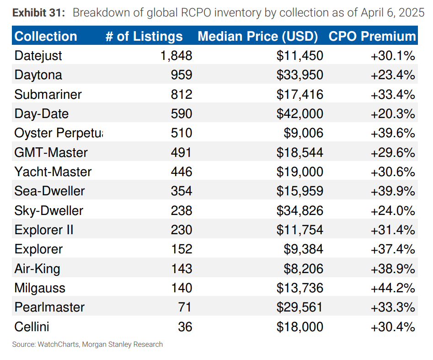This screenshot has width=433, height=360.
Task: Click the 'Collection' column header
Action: pyautogui.click(x=46, y=36)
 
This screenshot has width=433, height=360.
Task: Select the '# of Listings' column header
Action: pyautogui.click(x=144, y=36)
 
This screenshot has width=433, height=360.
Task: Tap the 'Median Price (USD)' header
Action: pyautogui.click(x=257, y=36)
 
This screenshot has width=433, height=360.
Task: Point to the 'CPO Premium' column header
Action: pyautogui.click(x=372, y=36)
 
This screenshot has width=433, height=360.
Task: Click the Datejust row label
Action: pyautogui.click(x=38, y=56)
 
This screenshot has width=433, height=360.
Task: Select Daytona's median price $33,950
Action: pyautogui.click(x=300, y=75)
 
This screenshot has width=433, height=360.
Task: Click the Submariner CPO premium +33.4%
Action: pyautogui.click(x=393, y=94)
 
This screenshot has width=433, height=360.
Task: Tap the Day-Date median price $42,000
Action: pyautogui.click(x=300, y=113)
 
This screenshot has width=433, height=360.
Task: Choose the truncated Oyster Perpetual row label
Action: pyautogui.click(x=59, y=133)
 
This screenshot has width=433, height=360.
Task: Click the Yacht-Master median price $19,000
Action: pyautogui.click(x=300, y=172)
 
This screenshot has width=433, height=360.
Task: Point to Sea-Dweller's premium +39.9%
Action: pyautogui.click(x=393, y=191)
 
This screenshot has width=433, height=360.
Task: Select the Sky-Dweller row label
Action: pyautogui.click(x=49, y=210)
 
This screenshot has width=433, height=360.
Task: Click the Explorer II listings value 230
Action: pyautogui.click(x=181, y=230)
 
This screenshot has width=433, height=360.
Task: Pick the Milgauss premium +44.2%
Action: pyautogui.click(x=393, y=288)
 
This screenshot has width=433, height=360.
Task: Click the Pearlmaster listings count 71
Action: pyautogui.click(x=185, y=307)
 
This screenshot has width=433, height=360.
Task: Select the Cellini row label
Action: pyautogui.click(x=32, y=327)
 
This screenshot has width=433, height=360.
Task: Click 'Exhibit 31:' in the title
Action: pyautogui.click(x=39, y=12)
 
